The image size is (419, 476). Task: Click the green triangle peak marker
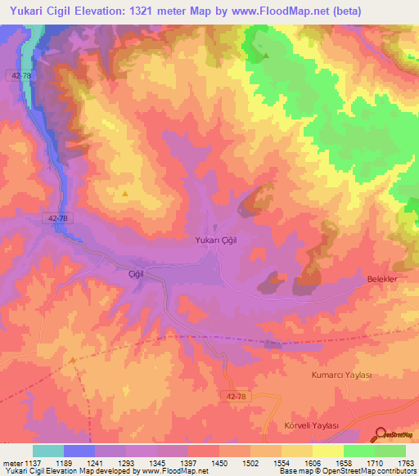click(x=266, y=56)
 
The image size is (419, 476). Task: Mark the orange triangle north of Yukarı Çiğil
click(x=125, y=194)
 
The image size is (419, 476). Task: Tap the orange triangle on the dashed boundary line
click(x=72, y=359)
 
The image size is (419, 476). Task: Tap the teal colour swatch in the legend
click(x=48, y=451)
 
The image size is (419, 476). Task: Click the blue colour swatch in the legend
click(x=79, y=451)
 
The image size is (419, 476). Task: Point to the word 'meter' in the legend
click(x=10, y=462)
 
